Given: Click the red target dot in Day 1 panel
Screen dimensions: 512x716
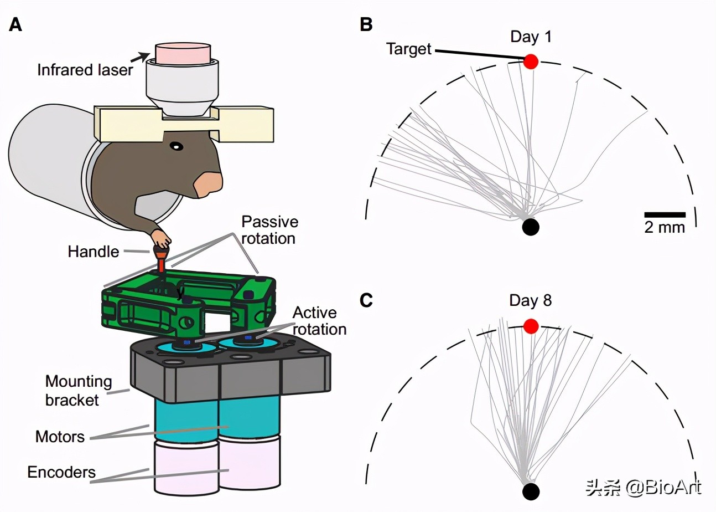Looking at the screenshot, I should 531,61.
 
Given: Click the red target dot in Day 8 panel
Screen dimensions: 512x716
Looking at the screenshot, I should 531,326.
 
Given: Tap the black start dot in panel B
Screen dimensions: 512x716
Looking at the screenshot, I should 531,227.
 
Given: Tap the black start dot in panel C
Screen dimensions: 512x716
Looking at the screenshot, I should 531,491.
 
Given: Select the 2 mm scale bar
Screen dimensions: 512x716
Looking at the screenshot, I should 665,214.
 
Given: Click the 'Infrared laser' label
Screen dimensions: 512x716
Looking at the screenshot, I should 85,70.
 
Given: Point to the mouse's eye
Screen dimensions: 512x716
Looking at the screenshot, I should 176,147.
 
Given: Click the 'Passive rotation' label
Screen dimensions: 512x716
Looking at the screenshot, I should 269,230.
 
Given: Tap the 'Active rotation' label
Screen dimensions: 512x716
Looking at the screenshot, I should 319,320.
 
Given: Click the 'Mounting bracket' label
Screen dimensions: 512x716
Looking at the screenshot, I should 78,390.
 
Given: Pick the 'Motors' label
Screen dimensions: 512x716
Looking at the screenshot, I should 60,437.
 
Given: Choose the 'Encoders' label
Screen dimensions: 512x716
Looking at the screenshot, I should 61,472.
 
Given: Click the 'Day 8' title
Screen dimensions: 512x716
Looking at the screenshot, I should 531,301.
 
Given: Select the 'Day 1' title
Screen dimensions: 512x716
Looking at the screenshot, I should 531,37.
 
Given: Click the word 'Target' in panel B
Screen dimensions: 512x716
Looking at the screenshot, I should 408,49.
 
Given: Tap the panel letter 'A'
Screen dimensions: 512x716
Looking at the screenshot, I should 15,25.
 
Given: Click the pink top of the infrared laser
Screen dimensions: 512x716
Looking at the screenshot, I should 183,53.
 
